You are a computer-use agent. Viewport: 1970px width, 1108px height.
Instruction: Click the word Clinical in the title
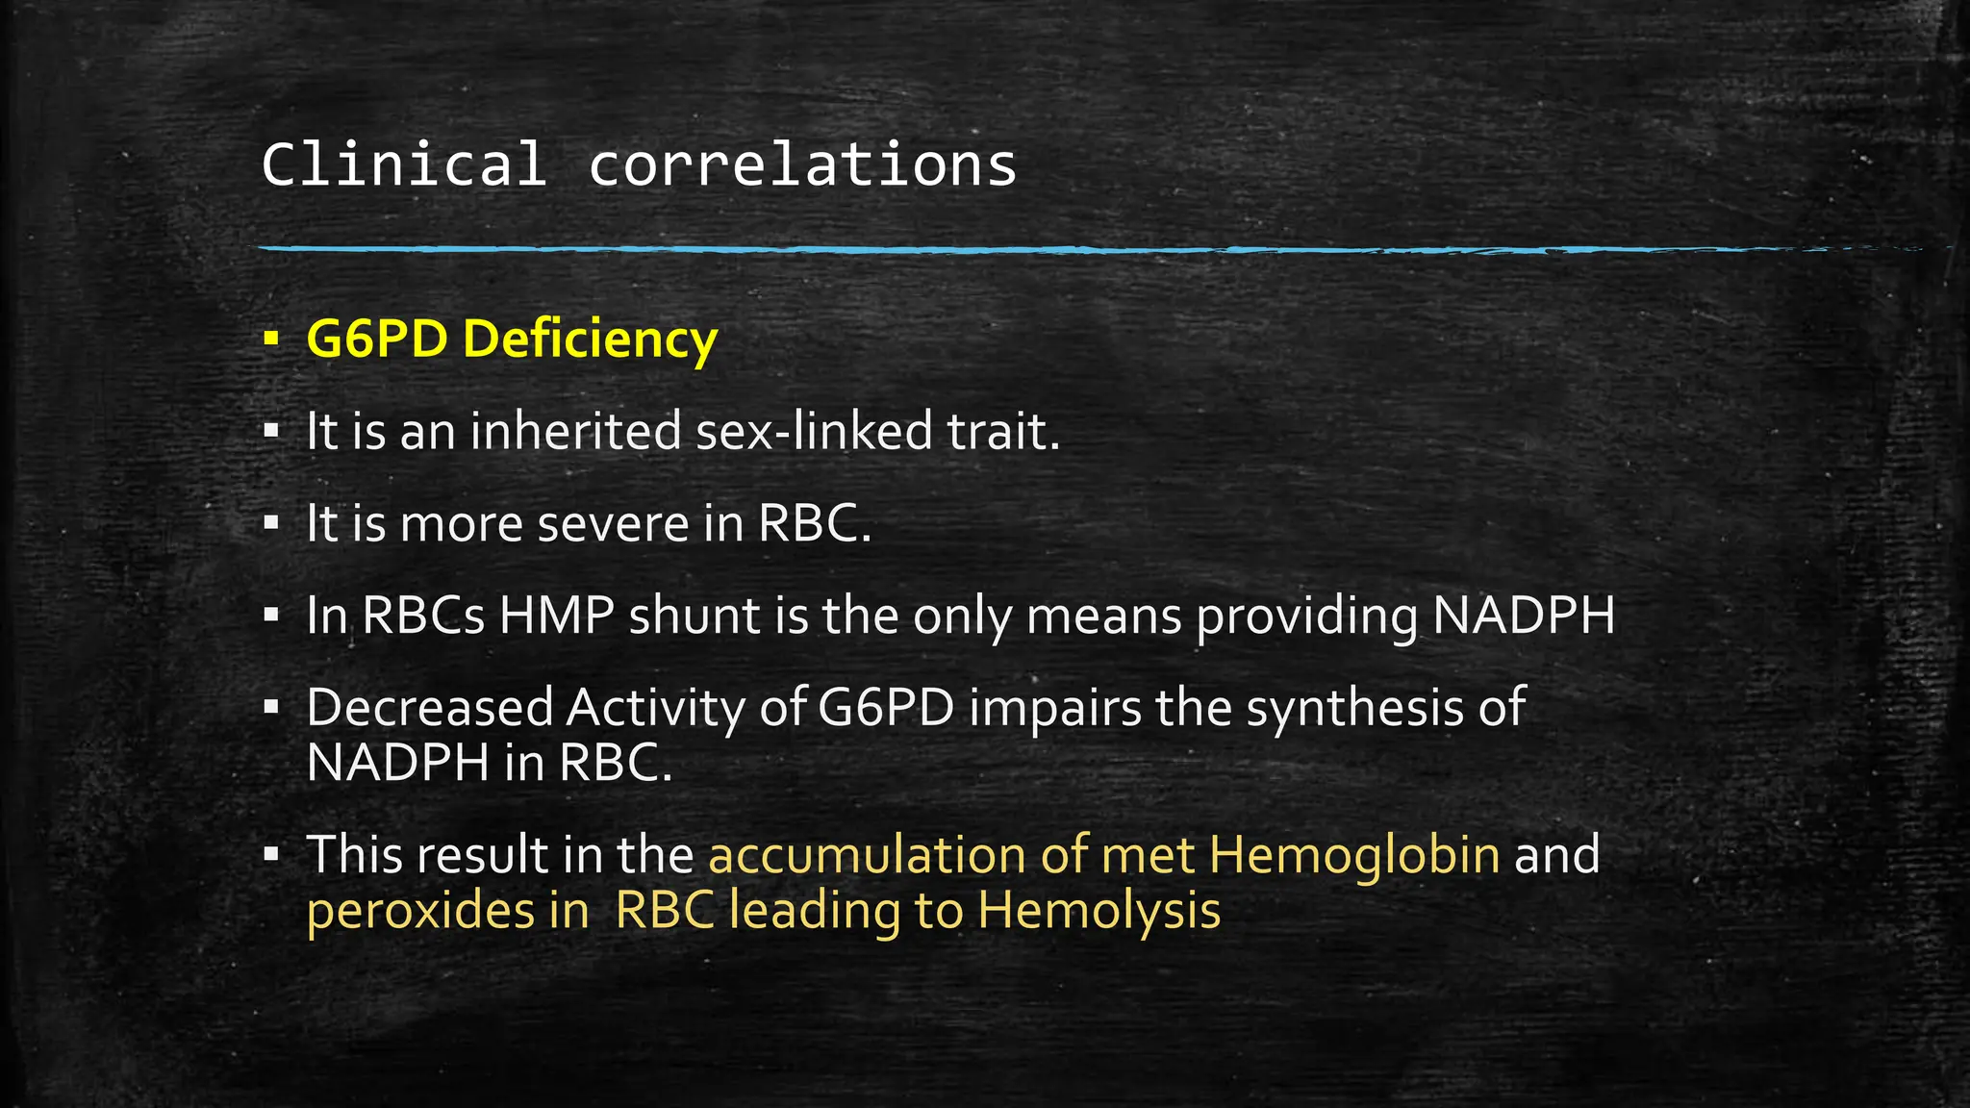click(404, 164)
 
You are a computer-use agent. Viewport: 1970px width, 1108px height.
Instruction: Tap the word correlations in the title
click(802, 164)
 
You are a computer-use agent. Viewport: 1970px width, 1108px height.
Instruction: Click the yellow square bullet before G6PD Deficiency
click(271, 340)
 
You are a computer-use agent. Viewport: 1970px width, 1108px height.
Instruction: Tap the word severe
click(613, 523)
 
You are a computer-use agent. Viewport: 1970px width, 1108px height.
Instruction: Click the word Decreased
click(430, 707)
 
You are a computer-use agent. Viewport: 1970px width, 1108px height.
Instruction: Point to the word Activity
click(655, 709)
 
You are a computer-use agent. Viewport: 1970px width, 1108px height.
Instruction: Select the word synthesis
click(1351, 709)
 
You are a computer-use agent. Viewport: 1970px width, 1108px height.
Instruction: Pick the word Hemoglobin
click(1354, 855)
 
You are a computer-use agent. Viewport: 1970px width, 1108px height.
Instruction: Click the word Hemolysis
click(1099, 911)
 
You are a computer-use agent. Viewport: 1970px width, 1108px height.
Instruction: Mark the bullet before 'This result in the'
click(271, 853)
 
